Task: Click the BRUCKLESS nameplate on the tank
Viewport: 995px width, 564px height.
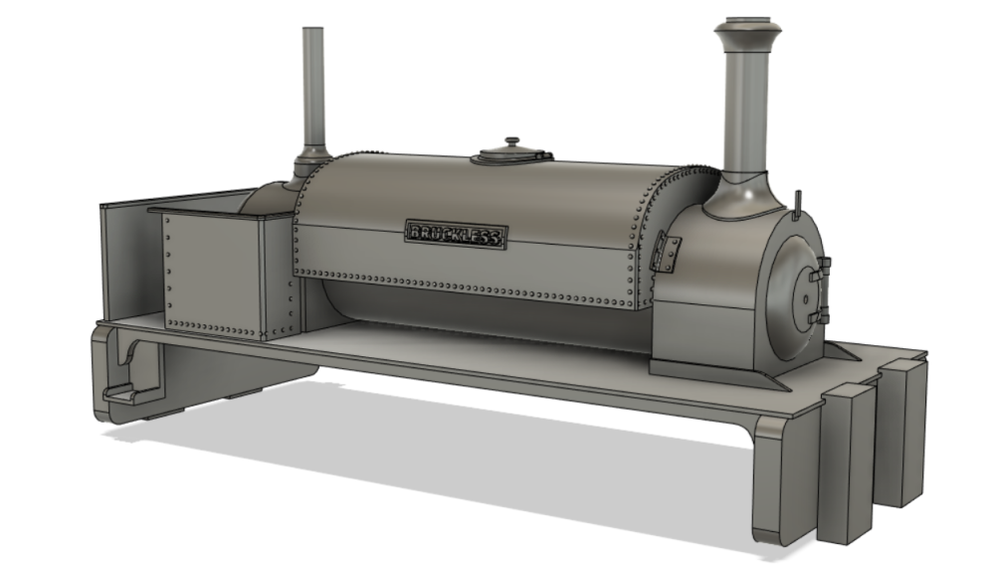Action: [x=456, y=235]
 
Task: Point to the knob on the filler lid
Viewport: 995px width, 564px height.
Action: [x=512, y=142]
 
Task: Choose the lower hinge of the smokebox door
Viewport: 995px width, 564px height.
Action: [x=821, y=316]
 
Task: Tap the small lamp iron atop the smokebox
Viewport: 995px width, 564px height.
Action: [x=798, y=202]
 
